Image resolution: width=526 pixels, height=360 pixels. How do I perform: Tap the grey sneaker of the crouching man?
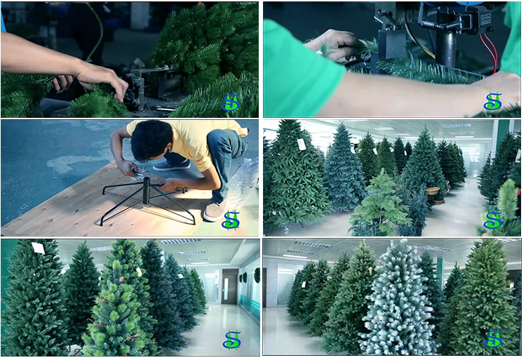214,211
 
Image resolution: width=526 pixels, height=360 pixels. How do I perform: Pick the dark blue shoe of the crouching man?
172,165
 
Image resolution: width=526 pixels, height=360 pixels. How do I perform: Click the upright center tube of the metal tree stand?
146,191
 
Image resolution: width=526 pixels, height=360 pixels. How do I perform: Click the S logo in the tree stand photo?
231,220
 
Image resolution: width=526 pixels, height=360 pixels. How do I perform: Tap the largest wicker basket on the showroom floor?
433,191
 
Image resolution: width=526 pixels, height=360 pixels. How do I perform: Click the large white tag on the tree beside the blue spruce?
302,145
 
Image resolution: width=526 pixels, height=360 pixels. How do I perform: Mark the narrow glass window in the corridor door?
227,288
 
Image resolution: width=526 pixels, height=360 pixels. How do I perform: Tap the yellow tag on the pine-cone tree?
139,272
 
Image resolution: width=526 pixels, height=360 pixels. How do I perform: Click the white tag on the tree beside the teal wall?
39,248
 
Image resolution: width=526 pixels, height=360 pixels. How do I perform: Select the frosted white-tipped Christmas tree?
397,299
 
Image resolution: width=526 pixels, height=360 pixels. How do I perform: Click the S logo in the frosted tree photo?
493,339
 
